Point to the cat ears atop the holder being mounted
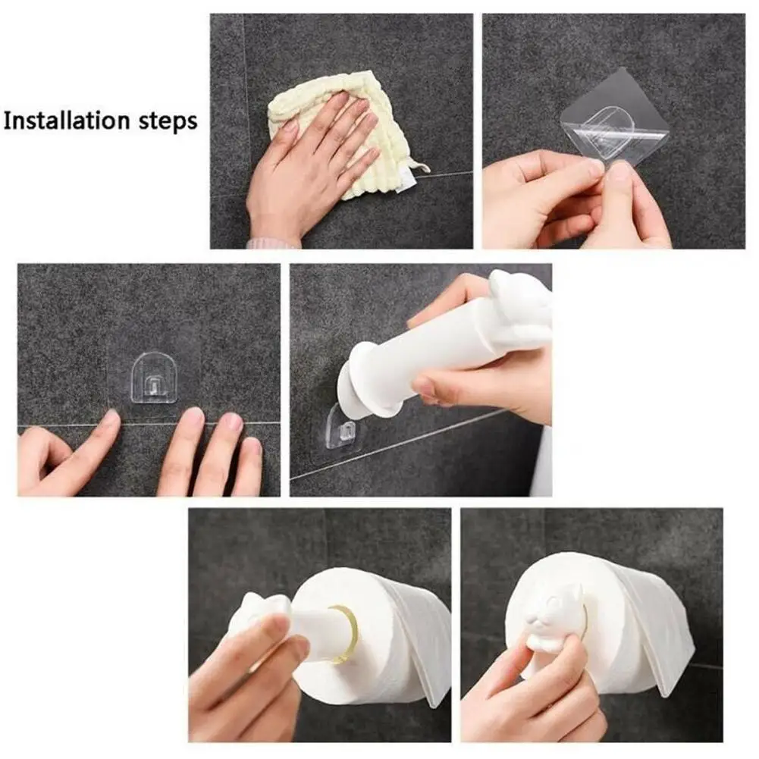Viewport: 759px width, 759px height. (x=516, y=284)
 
